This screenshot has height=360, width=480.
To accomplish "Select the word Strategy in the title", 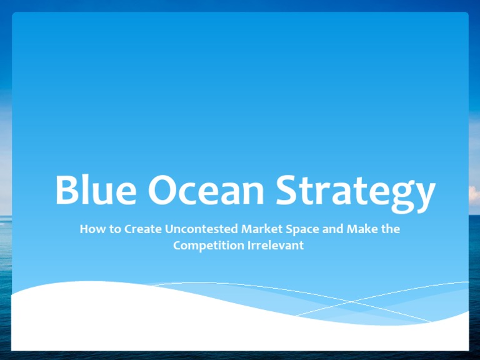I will [x=354, y=191].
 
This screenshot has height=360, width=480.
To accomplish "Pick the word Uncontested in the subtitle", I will [x=201, y=229].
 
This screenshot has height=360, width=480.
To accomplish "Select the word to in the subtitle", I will [x=114, y=229].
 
